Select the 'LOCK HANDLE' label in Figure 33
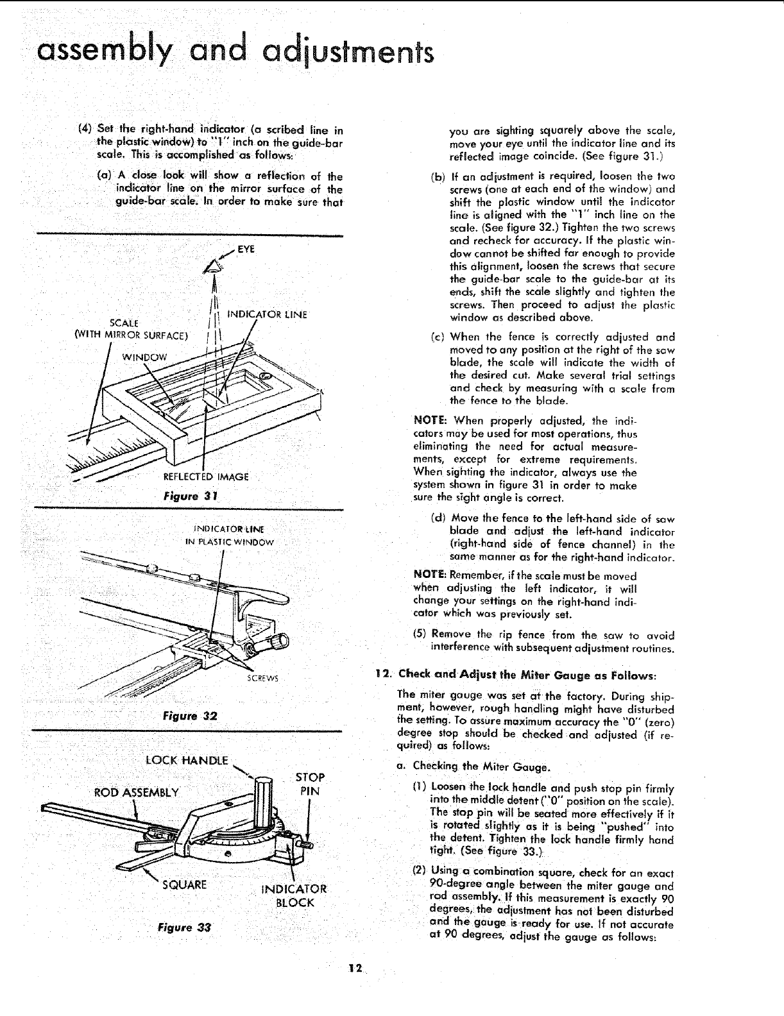pos(187,761)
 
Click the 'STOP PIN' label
pos(310,784)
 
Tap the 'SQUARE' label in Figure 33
pos(185,885)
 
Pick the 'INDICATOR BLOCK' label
pos(294,895)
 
